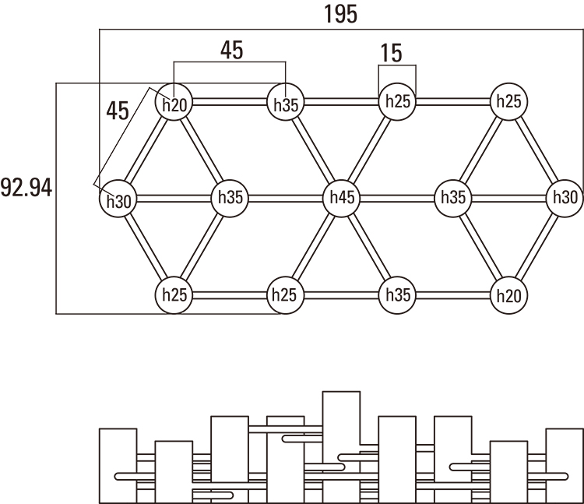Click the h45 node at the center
coord(342,198)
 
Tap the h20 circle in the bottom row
coord(510,295)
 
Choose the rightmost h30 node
coord(565,198)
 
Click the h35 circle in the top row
coord(286,104)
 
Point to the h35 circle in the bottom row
coord(397,295)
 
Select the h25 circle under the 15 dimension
coord(397,102)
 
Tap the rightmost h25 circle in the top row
coord(509,102)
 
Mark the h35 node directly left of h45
coord(230,198)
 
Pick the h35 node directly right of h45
coord(453,198)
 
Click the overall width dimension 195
coord(340,14)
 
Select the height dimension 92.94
coord(26,188)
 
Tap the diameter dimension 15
coord(392,53)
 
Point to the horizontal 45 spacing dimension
coord(231,50)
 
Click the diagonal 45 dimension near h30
coord(118,109)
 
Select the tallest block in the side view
coord(341,446)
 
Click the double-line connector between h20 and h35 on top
coord(229,103)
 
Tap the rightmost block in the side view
coord(565,465)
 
